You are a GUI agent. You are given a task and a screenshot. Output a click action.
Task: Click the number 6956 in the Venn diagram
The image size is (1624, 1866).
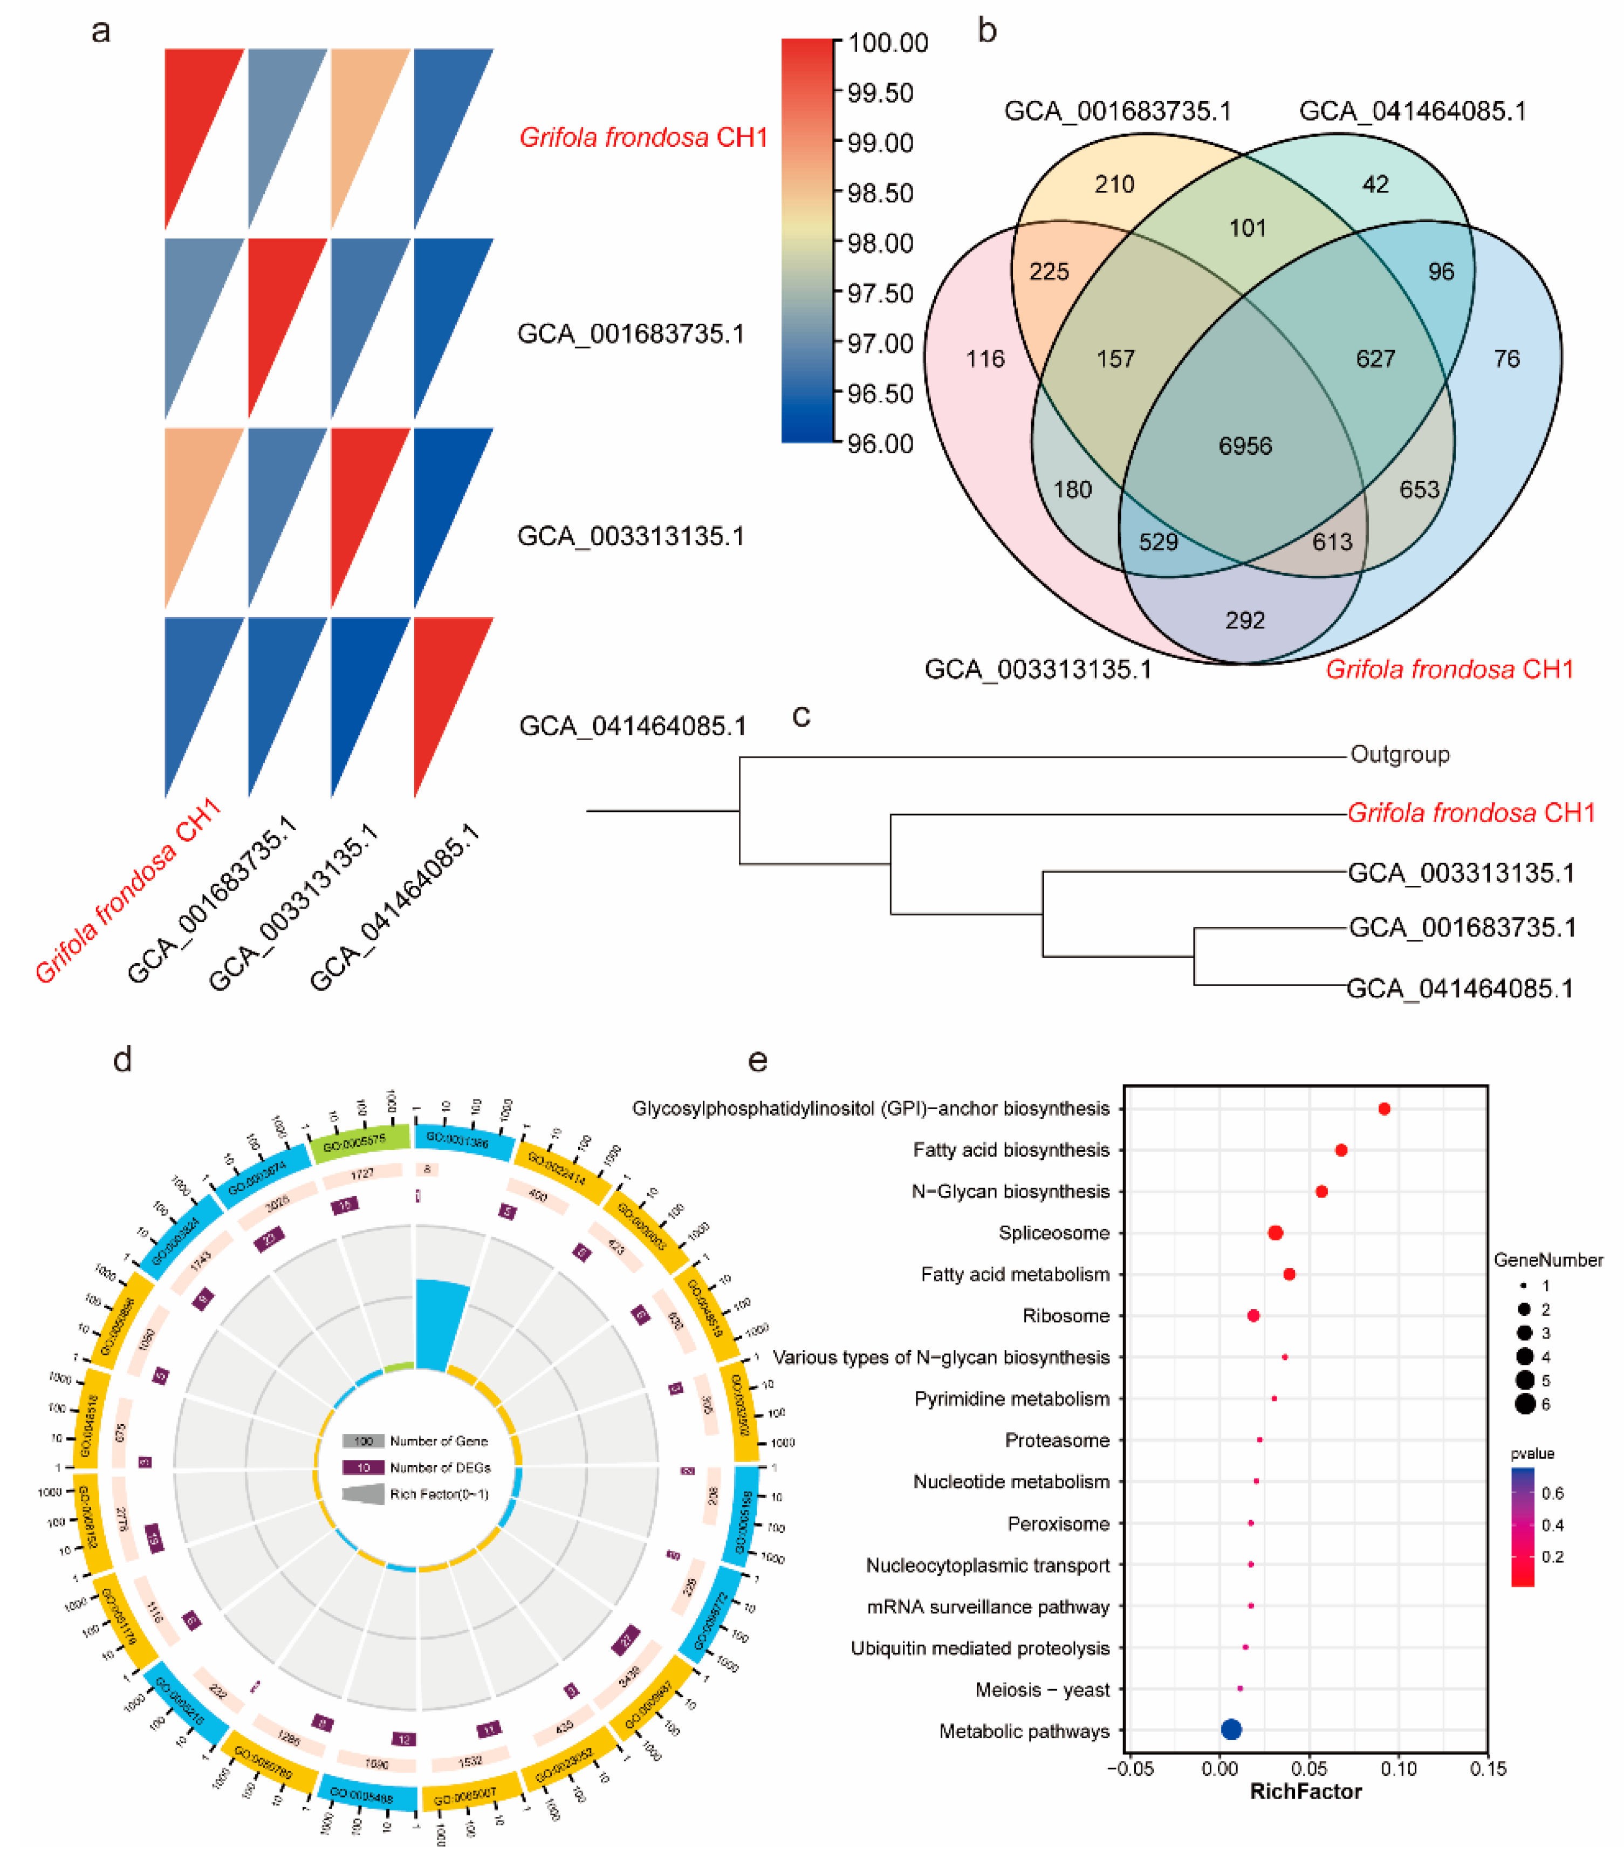tap(1245, 446)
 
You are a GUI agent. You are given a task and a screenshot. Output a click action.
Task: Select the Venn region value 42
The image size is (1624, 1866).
tap(1375, 185)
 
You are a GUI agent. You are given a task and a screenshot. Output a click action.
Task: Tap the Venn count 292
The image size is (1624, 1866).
tap(1244, 621)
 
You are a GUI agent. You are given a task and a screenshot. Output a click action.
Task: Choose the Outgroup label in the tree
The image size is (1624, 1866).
tap(1399, 755)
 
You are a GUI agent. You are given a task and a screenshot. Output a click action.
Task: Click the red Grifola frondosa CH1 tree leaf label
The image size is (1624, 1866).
tap(1470, 813)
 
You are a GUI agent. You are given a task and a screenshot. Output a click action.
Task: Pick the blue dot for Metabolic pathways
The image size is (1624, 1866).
tap(1231, 1729)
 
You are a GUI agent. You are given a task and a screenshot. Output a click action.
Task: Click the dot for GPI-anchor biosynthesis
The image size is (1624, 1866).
tap(1384, 1109)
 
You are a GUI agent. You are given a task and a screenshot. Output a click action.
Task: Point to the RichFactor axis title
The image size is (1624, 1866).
tap(1305, 1791)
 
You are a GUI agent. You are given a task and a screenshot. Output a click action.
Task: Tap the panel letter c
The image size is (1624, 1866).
tap(801, 717)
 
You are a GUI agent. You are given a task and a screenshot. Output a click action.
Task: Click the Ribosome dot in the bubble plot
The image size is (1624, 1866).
tap(1253, 1315)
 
